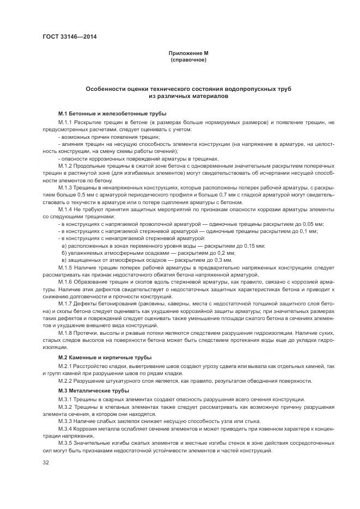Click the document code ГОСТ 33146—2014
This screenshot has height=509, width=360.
[66, 38]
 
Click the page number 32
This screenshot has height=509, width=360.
[46, 463]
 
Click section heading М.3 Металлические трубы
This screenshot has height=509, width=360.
[93, 391]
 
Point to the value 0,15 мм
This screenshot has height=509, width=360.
[254, 246]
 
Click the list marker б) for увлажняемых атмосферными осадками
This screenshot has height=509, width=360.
[64, 253]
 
